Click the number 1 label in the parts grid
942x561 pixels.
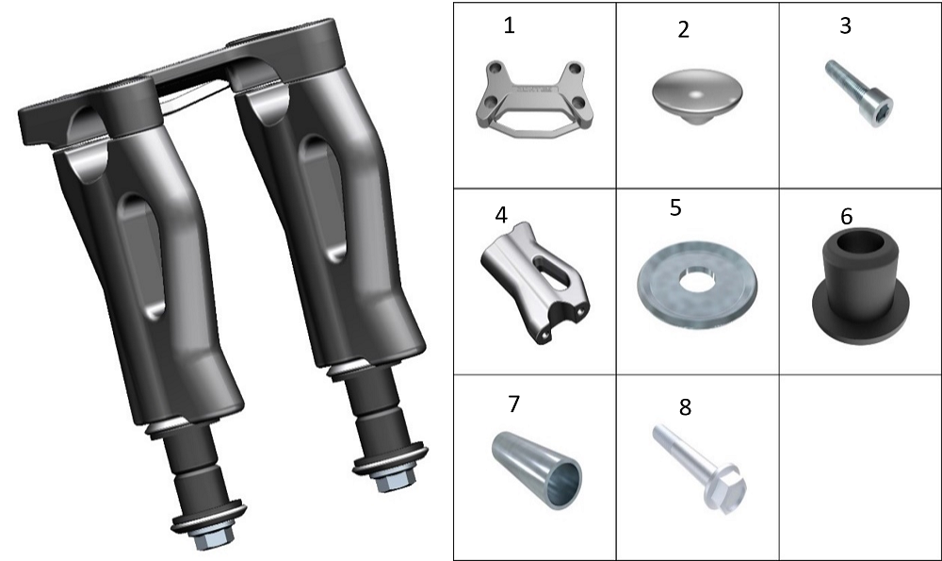tap(509, 25)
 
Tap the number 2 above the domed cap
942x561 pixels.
tap(683, 29)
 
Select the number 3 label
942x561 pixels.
tap(845, 25)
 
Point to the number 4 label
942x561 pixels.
tap(501, 215)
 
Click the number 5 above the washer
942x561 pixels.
tap(675, 207)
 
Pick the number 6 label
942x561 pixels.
tap(847, 217)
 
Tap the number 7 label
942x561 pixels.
tap(513, 404)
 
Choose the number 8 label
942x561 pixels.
tap(685, 407)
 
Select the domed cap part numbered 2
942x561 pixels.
tap(697, 96)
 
